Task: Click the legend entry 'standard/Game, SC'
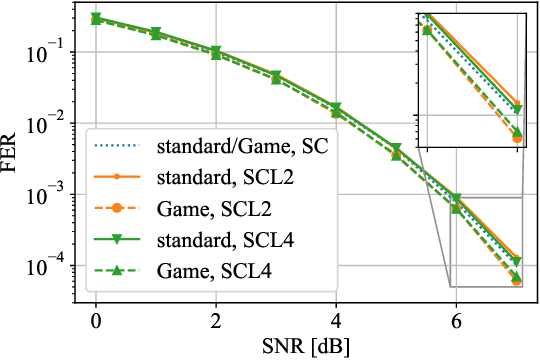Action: click(243, 148)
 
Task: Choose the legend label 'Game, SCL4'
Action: click(209, 269)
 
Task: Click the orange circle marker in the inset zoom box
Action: click(517, 139)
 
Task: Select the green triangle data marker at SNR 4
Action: click(336, 108)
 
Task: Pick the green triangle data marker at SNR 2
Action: click(215, 51)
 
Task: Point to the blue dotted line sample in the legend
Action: click(118, 148)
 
